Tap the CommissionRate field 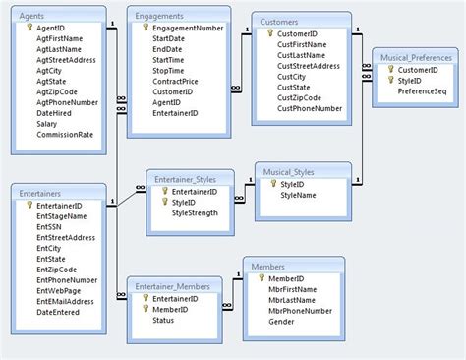point(64,136)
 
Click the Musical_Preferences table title point(418,58)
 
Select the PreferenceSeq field point(425,91)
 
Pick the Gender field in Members point(283,322)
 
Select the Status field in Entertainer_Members point(163,321)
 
